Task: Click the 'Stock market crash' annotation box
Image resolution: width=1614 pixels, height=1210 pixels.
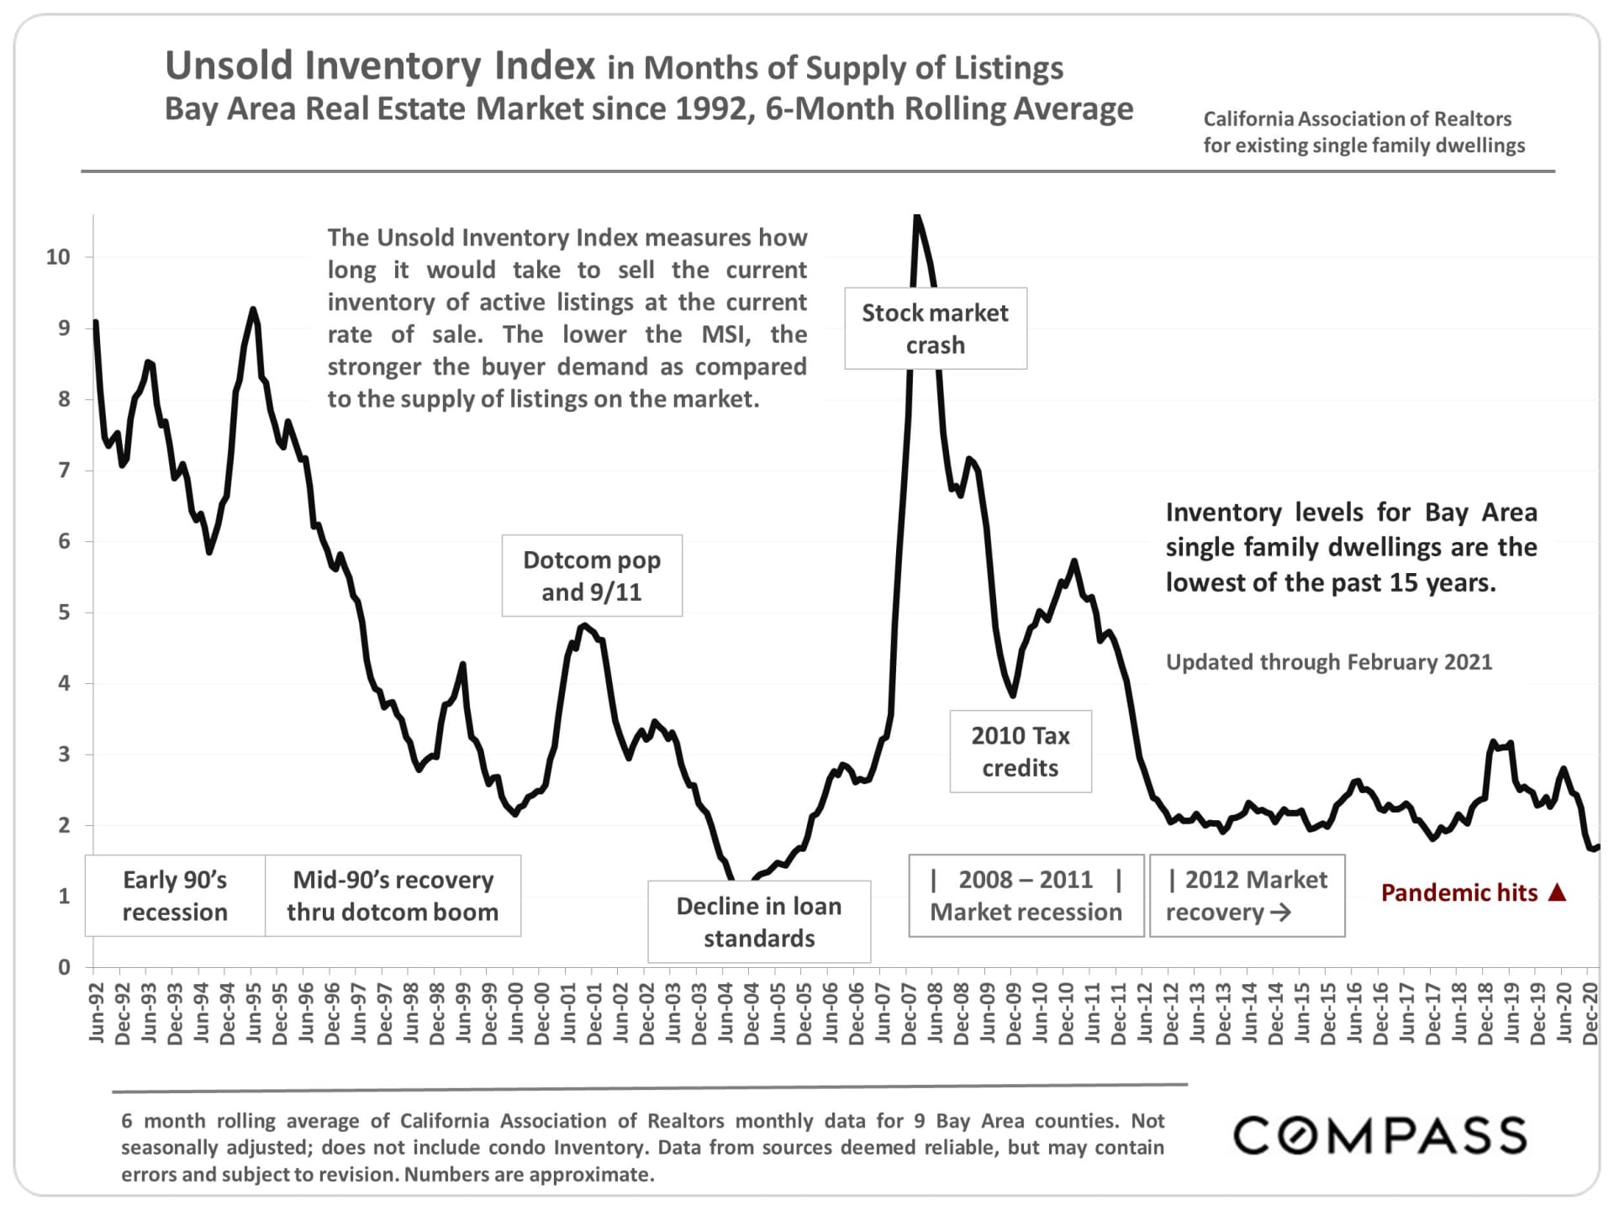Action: tap(935, 329)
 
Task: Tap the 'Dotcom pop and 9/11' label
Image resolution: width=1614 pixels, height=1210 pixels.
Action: tap(592, 576)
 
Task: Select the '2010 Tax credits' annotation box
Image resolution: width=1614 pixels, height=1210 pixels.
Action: tap(1021, 751)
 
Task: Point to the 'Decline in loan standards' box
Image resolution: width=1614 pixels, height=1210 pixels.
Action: tap(759, 922)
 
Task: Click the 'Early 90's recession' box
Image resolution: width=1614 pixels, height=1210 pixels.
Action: tap(175, 896)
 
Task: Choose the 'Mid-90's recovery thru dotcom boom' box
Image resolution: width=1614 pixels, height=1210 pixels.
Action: tap(393, 896)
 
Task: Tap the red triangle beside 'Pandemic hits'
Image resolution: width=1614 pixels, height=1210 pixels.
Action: tap(1557, 892)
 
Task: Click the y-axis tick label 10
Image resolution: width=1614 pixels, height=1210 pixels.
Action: tap(58, 257)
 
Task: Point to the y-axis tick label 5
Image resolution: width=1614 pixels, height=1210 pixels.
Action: tap(64, 613)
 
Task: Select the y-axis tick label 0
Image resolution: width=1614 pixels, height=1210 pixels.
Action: tap(64, 967)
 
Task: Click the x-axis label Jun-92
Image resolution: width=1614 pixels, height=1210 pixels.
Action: tap(96, 1013)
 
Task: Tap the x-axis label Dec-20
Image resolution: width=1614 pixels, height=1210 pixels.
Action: tap(1590, 1013)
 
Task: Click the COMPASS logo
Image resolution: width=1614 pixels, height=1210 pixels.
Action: tap(1379, 1136)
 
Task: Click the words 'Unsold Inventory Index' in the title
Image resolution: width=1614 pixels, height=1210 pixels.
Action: tap(380, 66)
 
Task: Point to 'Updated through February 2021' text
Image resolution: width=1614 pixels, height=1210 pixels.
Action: tap(1329, 662)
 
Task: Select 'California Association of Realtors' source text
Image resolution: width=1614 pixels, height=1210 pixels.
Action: tap(1357, 119)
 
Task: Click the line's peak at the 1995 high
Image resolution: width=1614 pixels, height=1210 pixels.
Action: tap(252, 309)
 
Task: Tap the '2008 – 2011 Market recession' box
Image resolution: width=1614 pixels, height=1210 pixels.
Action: tap(1026, 896)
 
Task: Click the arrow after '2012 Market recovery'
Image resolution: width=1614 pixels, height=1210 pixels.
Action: tap(1280, 913)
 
